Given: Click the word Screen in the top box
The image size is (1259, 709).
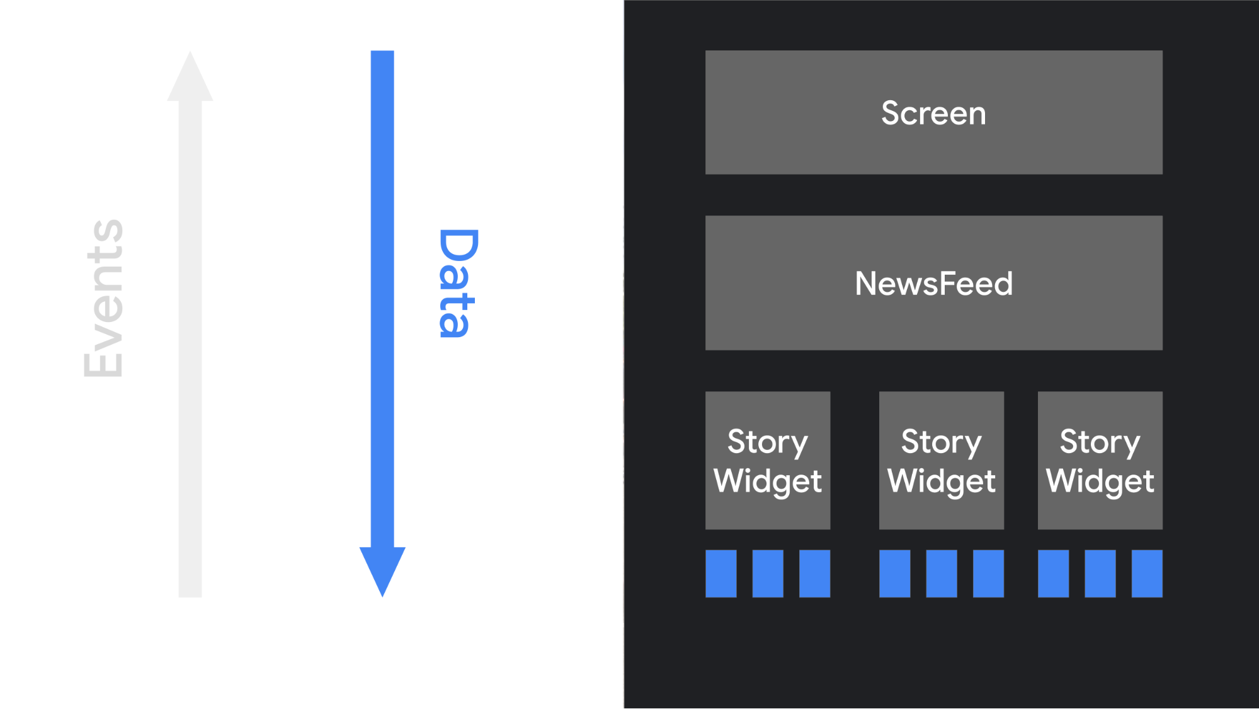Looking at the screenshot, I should pyautogui.click(x=933, y=113).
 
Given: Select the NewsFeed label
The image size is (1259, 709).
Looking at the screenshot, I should pyautogui.click(x=933, y=284).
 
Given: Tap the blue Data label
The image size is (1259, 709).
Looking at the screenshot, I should pyautogui.click(x=458, y=283).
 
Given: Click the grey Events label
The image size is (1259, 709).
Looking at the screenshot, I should pyautogui.click(x=104, y=298).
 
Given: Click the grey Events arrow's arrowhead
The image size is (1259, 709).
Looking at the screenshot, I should pyautogui.click(x=190, y=78).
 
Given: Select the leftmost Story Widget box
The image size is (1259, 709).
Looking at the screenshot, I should pyautogui.click(x=768, y=460).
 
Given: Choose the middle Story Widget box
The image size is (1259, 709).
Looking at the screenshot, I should pyautogui.click(x=941, y=460).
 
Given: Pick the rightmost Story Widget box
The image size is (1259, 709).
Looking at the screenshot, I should pyautogui.click(x=1100, y=460).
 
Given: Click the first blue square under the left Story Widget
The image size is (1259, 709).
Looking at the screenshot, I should pyautogui.click(x=721, y=574).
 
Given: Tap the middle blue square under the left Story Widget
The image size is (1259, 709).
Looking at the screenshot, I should pyautogui.click(x=768, y=574).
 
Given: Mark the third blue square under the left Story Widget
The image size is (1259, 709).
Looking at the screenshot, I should pyautogui.click(x=814, y=574).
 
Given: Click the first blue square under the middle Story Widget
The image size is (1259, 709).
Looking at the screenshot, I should pyautogui.click(x=894, y=574).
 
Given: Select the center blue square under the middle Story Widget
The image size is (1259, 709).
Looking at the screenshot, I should pyautogui.click(x=941, y=574).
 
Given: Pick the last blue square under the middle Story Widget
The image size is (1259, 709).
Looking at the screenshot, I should pyautogui.click(x=988, y=574).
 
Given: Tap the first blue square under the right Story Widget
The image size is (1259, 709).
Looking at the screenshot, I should pyautogui.click(x=1053, y=574).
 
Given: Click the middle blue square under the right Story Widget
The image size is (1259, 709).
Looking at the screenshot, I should pyautogui.click(x=1100, y=574).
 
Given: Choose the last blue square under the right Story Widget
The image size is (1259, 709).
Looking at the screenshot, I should pyautogui.click(x=1147, y=574).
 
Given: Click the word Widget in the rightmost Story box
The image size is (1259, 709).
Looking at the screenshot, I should pyautogui.click(x=1100, y=481).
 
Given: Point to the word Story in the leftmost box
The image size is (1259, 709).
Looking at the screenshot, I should pyautogui.click(x=768, y=442).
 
